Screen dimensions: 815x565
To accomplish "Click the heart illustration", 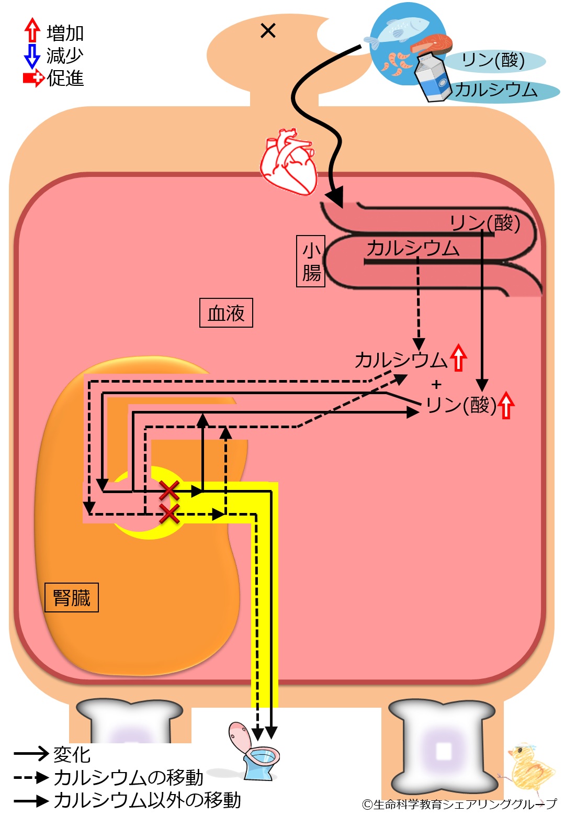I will coord(289,162).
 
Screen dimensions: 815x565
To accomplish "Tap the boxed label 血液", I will coord(226,313).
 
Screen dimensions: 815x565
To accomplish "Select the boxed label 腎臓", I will coord(72,597).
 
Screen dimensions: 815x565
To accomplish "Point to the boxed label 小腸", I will coord(311,261).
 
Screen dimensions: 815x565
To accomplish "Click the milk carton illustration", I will coord(433,77).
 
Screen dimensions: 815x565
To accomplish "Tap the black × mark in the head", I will coord(268,31).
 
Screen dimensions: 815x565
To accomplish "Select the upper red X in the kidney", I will coord(169,490).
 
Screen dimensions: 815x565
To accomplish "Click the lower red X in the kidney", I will coord(169,513).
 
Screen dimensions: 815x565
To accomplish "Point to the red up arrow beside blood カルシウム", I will coord(458,358).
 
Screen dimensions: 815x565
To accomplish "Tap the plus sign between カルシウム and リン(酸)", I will coord(436,384).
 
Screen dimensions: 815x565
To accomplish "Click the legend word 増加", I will coord(65,33).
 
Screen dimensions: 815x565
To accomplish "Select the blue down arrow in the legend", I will coord(32,56).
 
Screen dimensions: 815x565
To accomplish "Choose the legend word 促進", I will coord(65,79).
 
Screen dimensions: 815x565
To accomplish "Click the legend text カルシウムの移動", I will coord(128,778).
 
